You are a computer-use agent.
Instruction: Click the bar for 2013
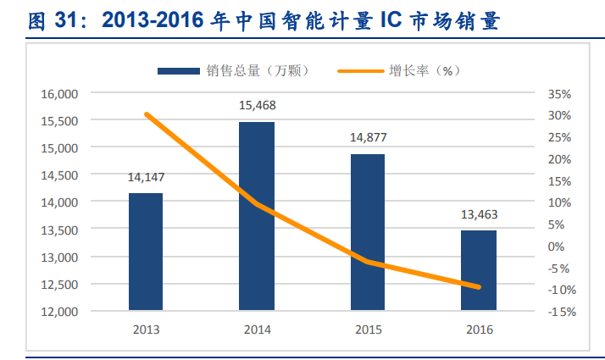[x=146, y=252]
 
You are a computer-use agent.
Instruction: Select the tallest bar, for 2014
[x=257, y=216]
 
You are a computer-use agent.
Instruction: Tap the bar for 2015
[x=368, y=232]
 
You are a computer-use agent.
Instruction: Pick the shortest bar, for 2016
[x=479, y=270]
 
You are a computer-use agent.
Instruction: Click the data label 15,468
[x=257, y=105]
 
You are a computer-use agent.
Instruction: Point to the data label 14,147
[x=146, y=178]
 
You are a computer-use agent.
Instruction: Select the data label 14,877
[x=368, y=137]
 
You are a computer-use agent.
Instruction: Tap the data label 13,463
[x=479, y=214]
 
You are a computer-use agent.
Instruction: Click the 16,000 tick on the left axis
[x=59, y=93]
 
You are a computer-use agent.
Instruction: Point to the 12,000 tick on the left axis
[x=59, y=312]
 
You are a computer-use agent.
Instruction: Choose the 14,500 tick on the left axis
[x=59, y=175]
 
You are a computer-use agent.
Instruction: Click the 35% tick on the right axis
[x=560, y=93]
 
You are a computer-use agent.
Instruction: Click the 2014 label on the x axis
[x=257, y=330]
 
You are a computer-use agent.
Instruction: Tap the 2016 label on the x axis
[x=479, y=330]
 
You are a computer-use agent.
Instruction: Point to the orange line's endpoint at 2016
[x=479, y=287]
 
